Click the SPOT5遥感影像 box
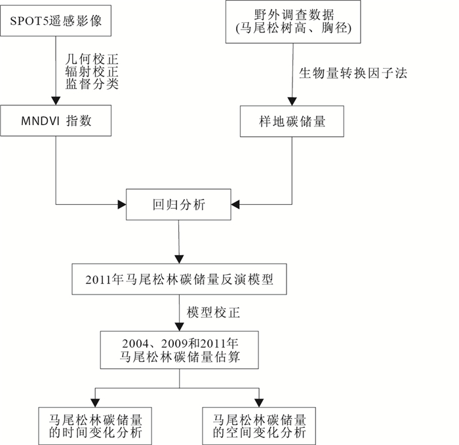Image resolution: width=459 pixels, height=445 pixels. tap(56, 21)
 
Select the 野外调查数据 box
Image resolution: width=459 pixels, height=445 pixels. tap(293, 22)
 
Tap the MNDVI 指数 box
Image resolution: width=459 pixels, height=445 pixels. tap(56, 120)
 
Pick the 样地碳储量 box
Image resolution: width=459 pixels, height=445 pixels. tap(292, 121)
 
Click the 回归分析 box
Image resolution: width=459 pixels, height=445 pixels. tap(178, 205)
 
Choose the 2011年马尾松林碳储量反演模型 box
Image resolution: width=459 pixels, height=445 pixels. tap(179, 279)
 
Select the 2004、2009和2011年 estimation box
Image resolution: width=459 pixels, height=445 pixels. tap(180, 349)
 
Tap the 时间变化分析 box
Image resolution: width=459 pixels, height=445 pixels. tap(95, 426)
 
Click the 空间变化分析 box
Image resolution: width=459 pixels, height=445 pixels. tap(259, 426)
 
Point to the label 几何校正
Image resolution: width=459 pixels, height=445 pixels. tap(92, 60)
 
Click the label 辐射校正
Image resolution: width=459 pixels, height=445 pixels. tap(92, 72)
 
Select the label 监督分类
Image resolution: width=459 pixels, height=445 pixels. tap(92, 84)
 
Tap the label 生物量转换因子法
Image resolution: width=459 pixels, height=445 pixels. tap(353, 73)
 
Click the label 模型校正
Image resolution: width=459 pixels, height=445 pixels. tap(213, 313)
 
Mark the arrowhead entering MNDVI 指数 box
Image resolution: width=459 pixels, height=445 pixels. tap(56, 101)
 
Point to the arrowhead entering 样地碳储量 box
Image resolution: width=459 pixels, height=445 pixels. tap(292, 101)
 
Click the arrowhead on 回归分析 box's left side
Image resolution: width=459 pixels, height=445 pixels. tap(122, 205)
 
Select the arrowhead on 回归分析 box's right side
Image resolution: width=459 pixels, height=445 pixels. tap(235, 205)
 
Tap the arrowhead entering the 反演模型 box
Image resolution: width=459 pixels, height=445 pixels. tap(179, 259)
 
